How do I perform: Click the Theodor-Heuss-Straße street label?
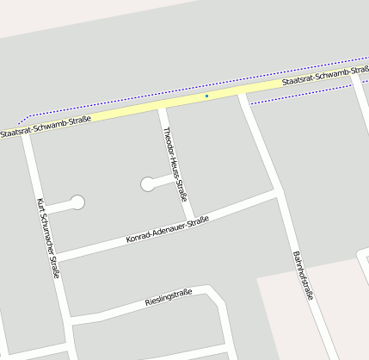click(x=175, y=164)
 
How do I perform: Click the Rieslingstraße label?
click(x=168, y=300)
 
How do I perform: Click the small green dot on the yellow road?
click(x=206, y=96)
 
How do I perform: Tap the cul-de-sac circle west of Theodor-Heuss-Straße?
click(x=147, y=183)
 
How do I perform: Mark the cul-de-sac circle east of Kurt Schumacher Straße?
click(x=78, y=202)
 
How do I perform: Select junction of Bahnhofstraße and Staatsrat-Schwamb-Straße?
click(x=243, y=93)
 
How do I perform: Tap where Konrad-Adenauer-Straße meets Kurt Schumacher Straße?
click(x=56, y=256)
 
